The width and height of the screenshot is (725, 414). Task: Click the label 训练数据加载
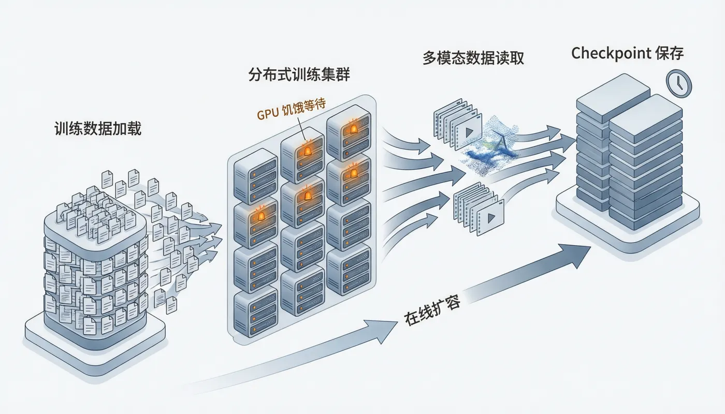click(x=98, y=129)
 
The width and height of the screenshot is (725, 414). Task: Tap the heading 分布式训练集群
click(x=299, y=75)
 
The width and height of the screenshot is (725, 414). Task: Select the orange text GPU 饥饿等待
click(x=291, y=110)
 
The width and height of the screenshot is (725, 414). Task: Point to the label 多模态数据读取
click(x=473, y=58)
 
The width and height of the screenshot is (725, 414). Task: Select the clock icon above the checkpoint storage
click(x=679, y=83)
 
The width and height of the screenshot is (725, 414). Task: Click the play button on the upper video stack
click(x=469, y=132)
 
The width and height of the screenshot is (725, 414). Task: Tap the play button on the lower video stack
click(x=491, y=218)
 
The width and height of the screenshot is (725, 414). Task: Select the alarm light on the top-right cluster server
click(x=353, y=129)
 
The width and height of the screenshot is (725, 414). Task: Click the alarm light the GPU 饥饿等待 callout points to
click(x=307, y=151)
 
